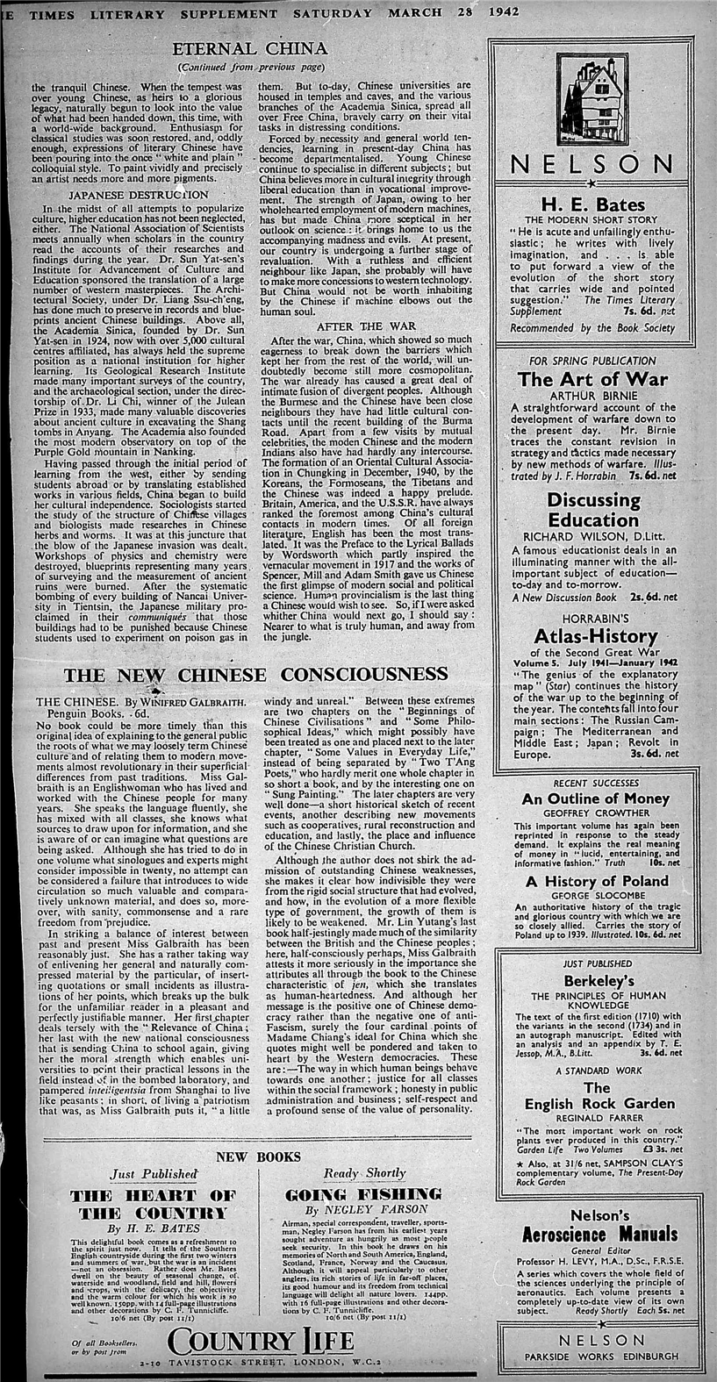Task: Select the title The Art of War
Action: tap(592, 379)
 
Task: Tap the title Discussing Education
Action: tap(592, 510)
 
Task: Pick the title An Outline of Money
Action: tap(592, 798)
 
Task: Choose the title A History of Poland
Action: tap(592, 881)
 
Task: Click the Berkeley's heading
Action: tap(592, 980)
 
